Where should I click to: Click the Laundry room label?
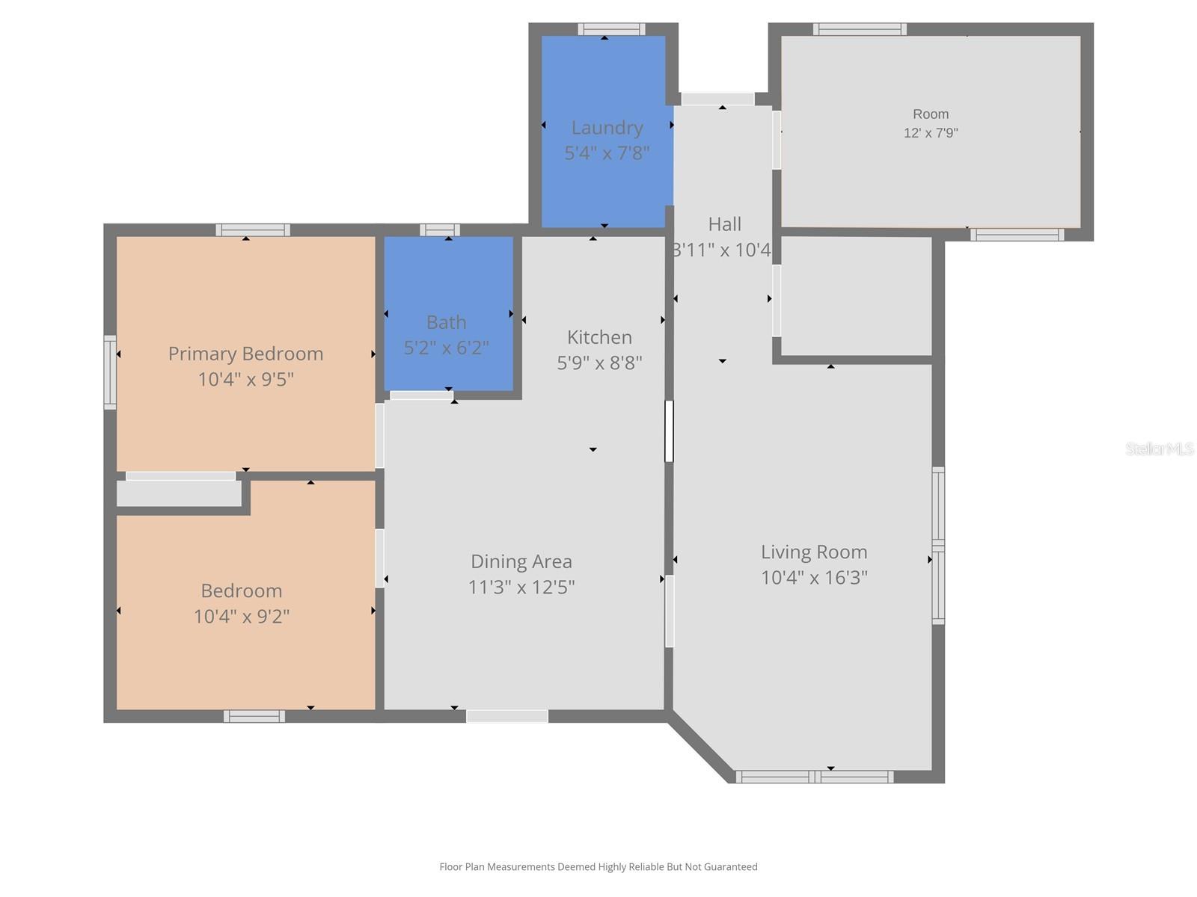point(607,128)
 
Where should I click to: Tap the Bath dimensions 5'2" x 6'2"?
point(446,348)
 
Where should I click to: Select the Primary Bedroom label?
point(245,354)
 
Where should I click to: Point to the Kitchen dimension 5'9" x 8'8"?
point(599,363)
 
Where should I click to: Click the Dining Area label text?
point(521,561)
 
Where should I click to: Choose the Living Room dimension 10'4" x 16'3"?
point(814,577)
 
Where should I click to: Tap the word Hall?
point(725,224)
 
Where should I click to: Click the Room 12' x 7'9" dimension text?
point(931,133)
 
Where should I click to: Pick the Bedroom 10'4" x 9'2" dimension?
point(242,617)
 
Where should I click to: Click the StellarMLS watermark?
point(1160,449)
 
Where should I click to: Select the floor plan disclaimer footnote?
point(598,866)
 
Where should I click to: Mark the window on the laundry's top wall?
point(611,29)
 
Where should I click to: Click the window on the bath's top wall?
point(440,229)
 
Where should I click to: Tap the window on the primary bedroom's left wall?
point(110,372)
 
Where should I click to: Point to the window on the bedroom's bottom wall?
point(254,716)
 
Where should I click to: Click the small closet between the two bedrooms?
point(179,493)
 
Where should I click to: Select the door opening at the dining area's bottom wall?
point(506,716)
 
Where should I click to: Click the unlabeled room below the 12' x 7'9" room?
point(856,296)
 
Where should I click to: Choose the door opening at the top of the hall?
point(717,99)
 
